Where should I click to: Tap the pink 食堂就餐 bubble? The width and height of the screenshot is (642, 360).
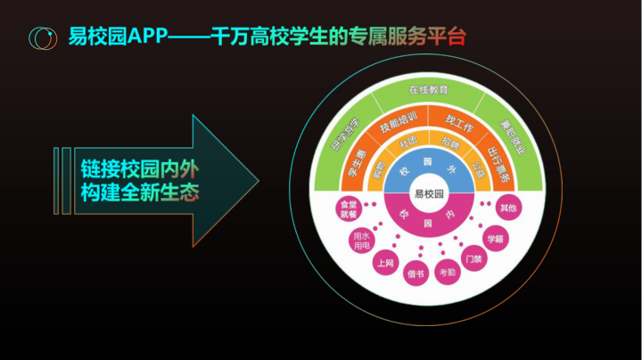pos(345,209)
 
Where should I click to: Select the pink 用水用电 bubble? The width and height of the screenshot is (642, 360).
pos(361,240)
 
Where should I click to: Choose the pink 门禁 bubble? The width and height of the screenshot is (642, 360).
pos(473,262)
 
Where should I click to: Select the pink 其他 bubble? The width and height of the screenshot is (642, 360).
pos(508,209)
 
